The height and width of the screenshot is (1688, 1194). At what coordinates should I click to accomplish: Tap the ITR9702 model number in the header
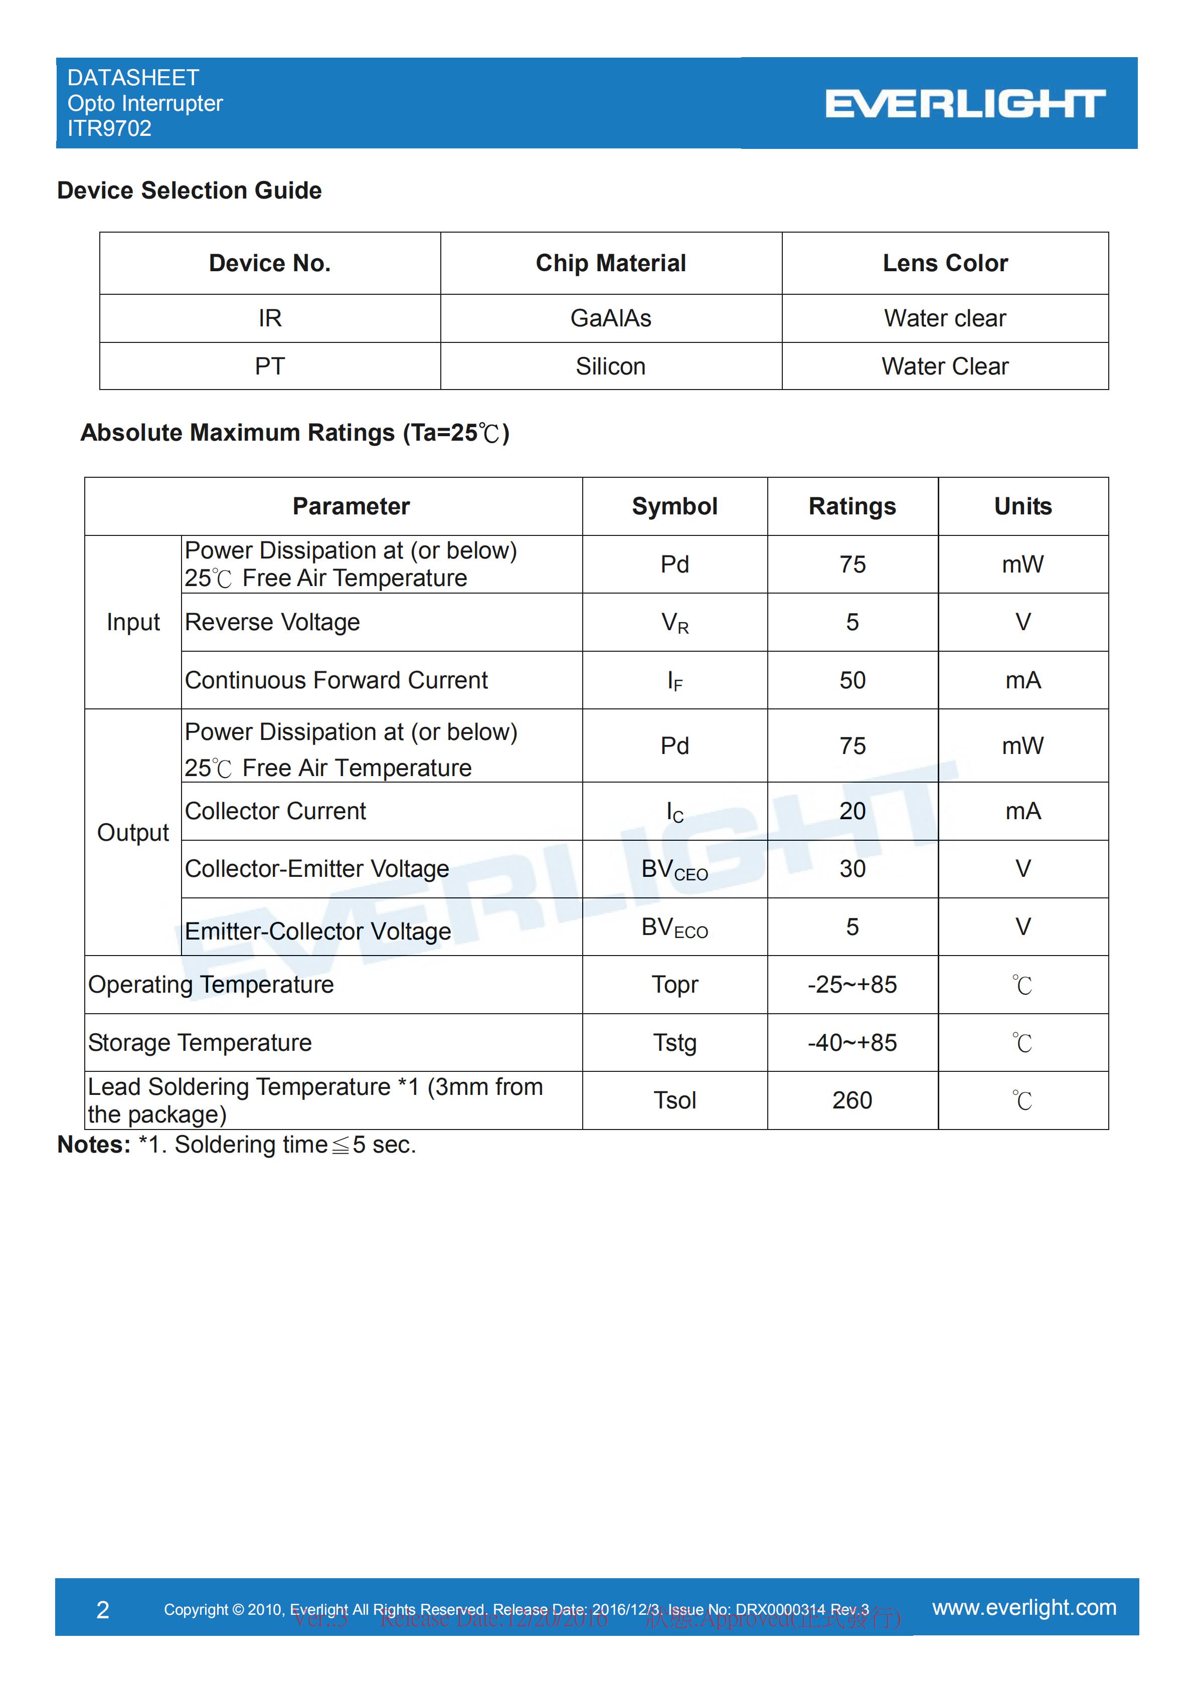[109, 129]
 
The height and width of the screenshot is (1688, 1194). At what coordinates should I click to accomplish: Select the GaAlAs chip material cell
[610, 318]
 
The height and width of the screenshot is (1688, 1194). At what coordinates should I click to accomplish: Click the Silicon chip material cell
[610, 366]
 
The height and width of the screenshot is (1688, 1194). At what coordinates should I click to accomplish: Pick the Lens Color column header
[945, 263]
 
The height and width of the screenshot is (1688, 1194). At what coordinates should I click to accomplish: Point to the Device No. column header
[270, 263]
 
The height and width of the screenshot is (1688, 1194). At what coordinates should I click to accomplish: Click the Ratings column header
[852, 506]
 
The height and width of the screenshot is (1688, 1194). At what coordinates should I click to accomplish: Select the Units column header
[1022, 506]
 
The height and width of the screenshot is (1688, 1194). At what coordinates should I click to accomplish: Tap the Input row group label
[133, 622]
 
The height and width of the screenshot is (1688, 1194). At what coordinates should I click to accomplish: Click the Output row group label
[133, 832]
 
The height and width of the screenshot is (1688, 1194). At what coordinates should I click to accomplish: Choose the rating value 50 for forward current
[852, 680]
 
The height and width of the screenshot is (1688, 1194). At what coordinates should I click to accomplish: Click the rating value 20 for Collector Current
[852, 811]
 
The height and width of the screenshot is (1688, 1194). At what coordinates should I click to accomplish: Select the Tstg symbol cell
[674, 1042]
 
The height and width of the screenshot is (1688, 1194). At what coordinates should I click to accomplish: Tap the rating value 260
[852, 1100]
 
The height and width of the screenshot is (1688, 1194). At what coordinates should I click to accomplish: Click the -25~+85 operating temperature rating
[852, 985]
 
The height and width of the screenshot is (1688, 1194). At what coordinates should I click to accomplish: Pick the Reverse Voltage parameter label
[272, 622]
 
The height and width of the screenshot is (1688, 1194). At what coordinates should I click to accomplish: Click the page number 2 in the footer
[103, 1610]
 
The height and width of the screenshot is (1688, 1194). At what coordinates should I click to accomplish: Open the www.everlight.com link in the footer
[1024, 1608]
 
